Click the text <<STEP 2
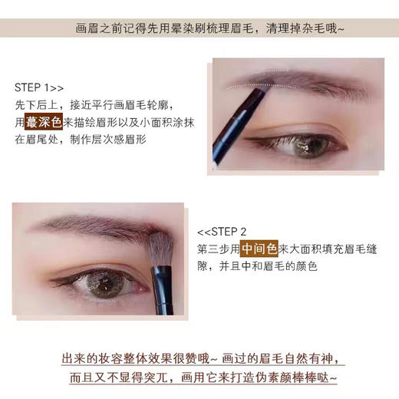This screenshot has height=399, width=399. point(222,231)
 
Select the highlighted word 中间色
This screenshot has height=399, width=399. point(259,249)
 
